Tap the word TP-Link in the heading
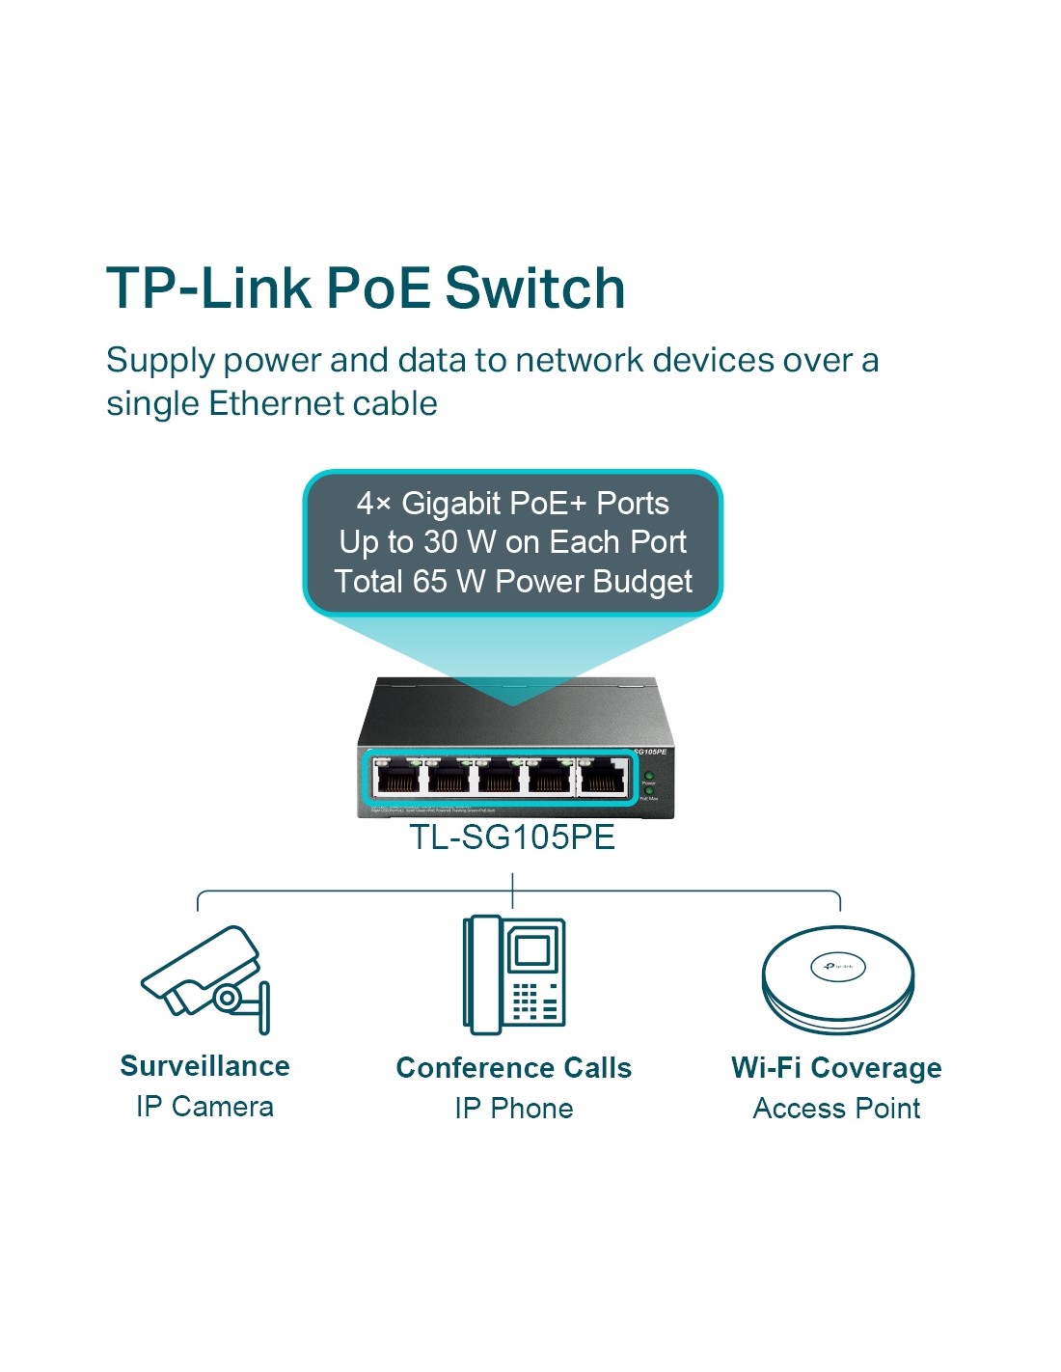click(208, 288)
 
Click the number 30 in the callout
click(440, 542)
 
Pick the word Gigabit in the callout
click(450, 504)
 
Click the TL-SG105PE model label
click(512, 837)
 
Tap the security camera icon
click(206, 978)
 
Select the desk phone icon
click(514, 974)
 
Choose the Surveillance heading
click(204, 1066)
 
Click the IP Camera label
click(204, 1107)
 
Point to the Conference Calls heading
click(514, 1068)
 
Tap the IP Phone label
click(514, 1109)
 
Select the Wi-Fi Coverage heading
click(836, 1068)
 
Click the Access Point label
click(836, 1109)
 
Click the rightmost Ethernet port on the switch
click(602, 778)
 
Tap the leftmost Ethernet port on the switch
click(396, 778)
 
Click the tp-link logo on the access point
click(837, 966)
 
